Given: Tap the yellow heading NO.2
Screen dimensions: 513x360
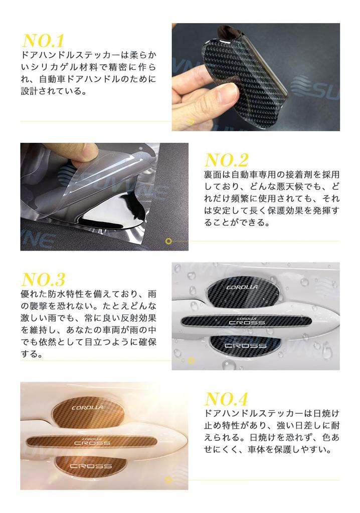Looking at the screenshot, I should pos(227,160).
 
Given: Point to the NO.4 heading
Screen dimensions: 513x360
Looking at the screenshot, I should pos(227,399).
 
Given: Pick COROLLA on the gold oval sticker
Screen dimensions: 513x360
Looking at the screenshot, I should pos(88,407).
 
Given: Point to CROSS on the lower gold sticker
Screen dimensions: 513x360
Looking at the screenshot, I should pos(91,466).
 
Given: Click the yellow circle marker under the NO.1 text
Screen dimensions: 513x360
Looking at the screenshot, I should pos(190,121).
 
